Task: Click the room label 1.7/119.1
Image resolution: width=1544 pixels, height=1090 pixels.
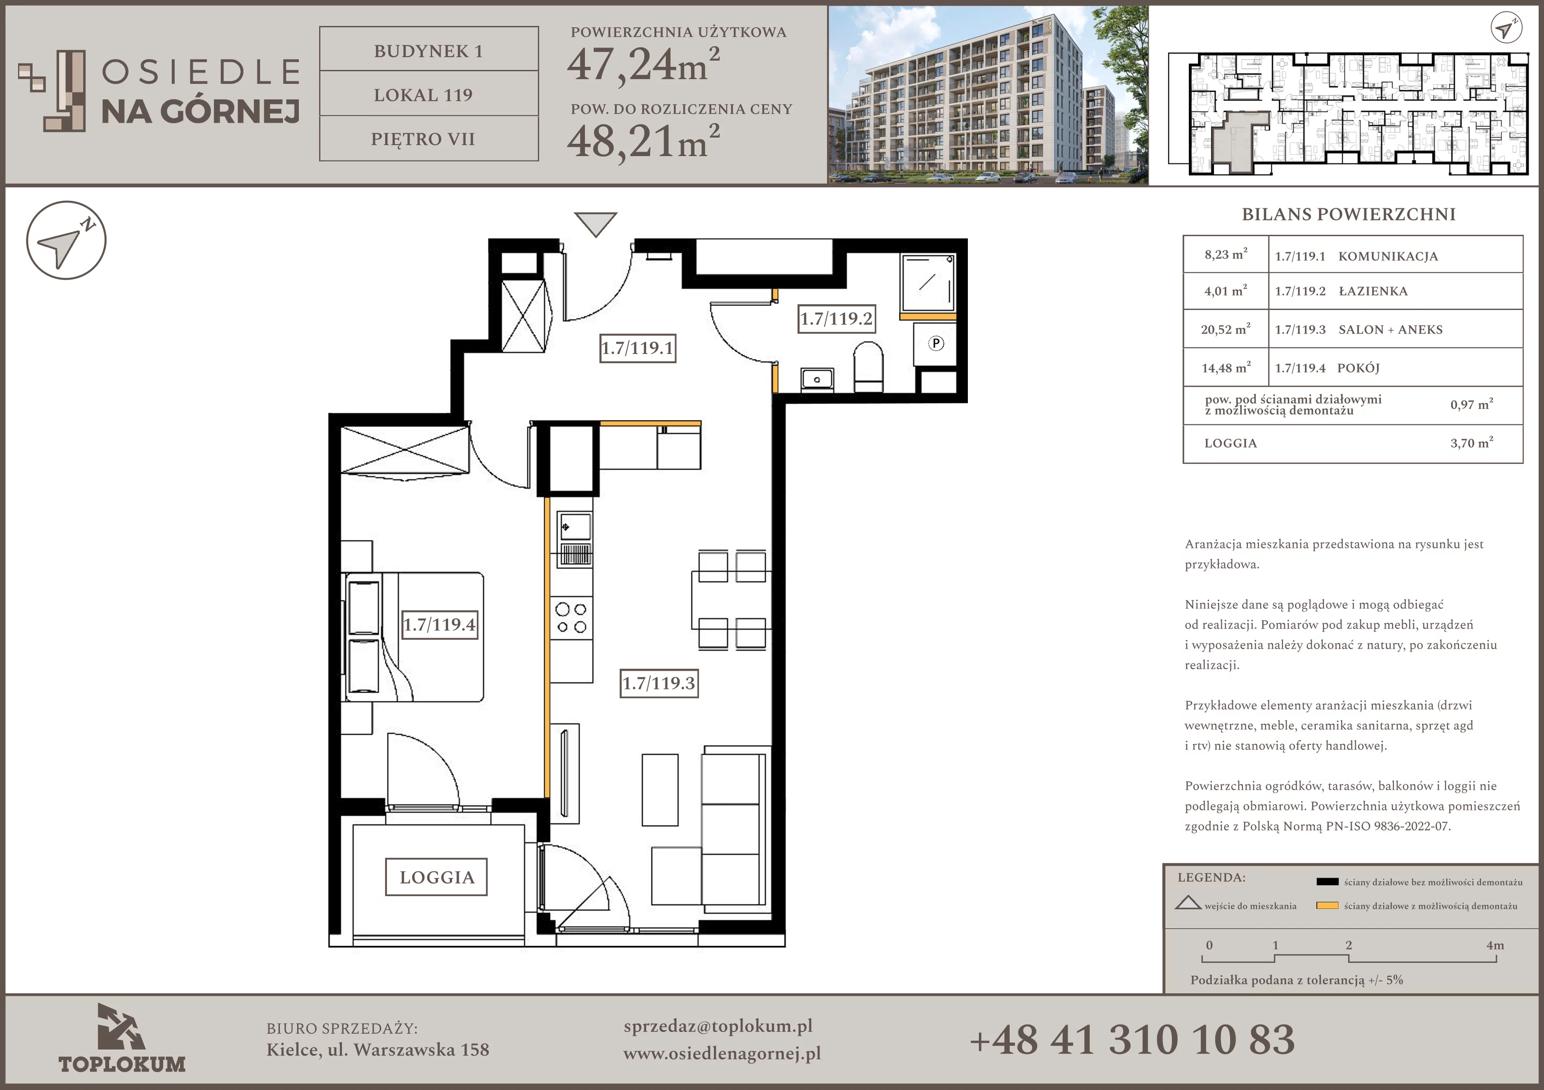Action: pyautogui.click(x=637, y=348)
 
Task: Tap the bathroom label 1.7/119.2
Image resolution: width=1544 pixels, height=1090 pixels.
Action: pyautogui.click(x=837, y=319)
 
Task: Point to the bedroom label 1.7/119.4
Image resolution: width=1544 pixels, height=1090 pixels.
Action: pyautogui.click(x=440, y=625)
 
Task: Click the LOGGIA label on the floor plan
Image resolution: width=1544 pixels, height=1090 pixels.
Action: pyautogui.click(x=437, y=877)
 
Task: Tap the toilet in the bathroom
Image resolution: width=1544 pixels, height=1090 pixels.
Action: pyautogui.click(x=868, y=367)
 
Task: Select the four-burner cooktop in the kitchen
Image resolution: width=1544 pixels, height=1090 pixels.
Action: pyautogui.click(x=571, y=618)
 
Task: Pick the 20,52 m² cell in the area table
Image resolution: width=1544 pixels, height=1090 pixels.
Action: pyautogui.click(x=1225, y=329)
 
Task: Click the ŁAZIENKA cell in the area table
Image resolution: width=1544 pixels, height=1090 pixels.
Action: pyautogui.click(x=1373, y=291)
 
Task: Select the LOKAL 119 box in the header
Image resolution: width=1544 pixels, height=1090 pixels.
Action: pyautogui.click(x=429, y=94)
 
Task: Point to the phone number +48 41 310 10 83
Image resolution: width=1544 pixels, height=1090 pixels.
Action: pyautogui.click(x=1132, y=1039)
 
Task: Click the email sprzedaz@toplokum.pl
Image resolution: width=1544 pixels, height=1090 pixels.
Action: pyautogui.click(x=717, y=1026)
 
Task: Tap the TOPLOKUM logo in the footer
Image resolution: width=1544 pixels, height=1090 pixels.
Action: pyautogui.click(x=122, y=1038)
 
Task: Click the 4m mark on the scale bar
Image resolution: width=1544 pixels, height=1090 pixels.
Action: pyautogui.click(x=1495, y=945)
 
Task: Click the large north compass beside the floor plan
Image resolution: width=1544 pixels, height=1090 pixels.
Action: pyautogui.click(x=66, y=240)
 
